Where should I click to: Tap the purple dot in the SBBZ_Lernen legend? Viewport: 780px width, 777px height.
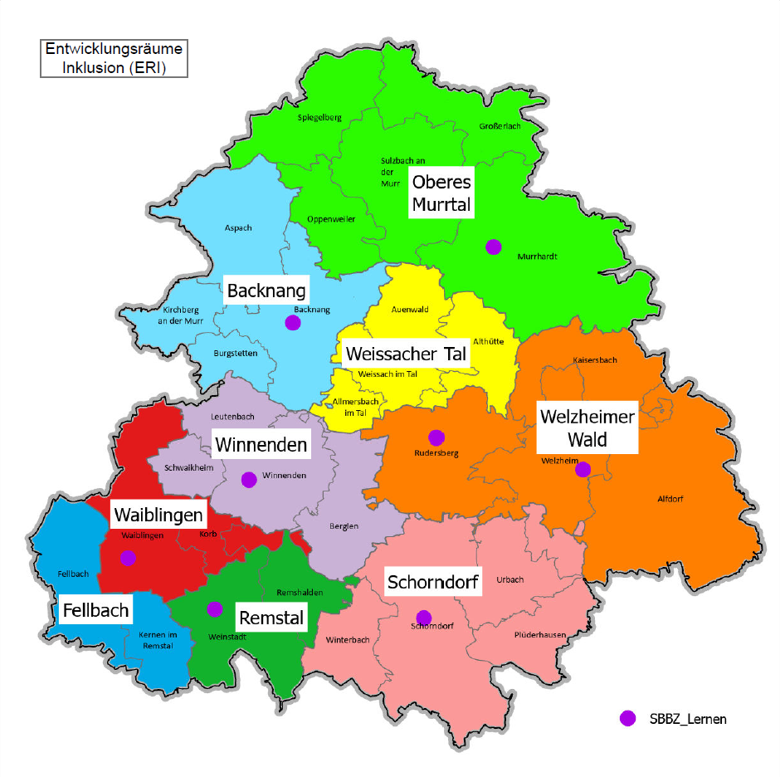[x=628, y=718]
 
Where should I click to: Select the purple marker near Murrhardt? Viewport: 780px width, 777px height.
[x=494, y=246]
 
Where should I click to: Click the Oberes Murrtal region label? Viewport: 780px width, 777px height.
[x=441, y=193]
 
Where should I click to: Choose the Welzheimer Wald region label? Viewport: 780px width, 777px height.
[x=587, y=428]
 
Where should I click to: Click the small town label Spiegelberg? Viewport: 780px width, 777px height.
[x=319, y=118]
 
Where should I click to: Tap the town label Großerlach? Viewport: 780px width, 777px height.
[x=500, y=126]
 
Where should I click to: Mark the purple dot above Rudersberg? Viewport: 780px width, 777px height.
[x=436, y=437]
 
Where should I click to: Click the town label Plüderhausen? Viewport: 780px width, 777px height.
[x=540, y=635]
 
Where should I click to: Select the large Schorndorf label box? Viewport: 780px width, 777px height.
[x=433, y=583]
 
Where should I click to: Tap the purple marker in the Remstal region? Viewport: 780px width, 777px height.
[x=214, y=608]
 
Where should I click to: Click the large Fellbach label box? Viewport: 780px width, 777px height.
[x=96, y=611]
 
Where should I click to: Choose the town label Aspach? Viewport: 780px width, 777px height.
[x=238, y=227]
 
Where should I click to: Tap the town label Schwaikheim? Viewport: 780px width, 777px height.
[x=189, y=467]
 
